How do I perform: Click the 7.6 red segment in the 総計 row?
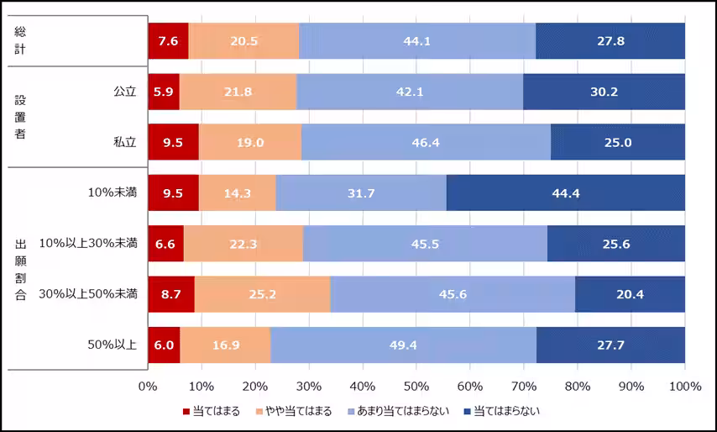pyautogui.click(x=168, y=41)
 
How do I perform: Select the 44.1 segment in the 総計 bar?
pyautogui.click(x=416, y=41)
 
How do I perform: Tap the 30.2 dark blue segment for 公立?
pyautogui.click(x=604, y=92)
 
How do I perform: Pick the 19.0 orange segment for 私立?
pyautogui.click(x=249, y=142)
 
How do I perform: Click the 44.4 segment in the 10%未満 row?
pyautogui.click(x=565, y=192)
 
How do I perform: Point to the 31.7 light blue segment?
pyautogui.click(x=361, y=192)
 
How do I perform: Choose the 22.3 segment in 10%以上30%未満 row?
pyautogui.click(x=243, y=243)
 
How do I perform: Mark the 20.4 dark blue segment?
pyautogui.click(x=630, y=294)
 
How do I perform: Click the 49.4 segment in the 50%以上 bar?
pyautogui.click(x=403, y=345)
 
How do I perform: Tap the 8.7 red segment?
pyautogui.click(x=170, y=294)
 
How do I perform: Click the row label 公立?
pyautogui.click(x=125, y=92)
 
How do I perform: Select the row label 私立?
pyautogui.click(x=125, y=142)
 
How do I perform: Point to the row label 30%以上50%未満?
pyautogui.click(x=88, y=294)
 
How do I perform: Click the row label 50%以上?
pyautogui.click(x=113, y=345)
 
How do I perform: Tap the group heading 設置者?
pyautogui.click(x=20, y=117)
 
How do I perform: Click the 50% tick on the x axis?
pyautogui.click(x=416, y=386)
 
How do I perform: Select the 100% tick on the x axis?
pyautogui.click(x=685, y=386)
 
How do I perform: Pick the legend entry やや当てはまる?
pyautogui.click(x=300, y=411)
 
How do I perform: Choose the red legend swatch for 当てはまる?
pyautogui.click(x=187, y=412)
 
